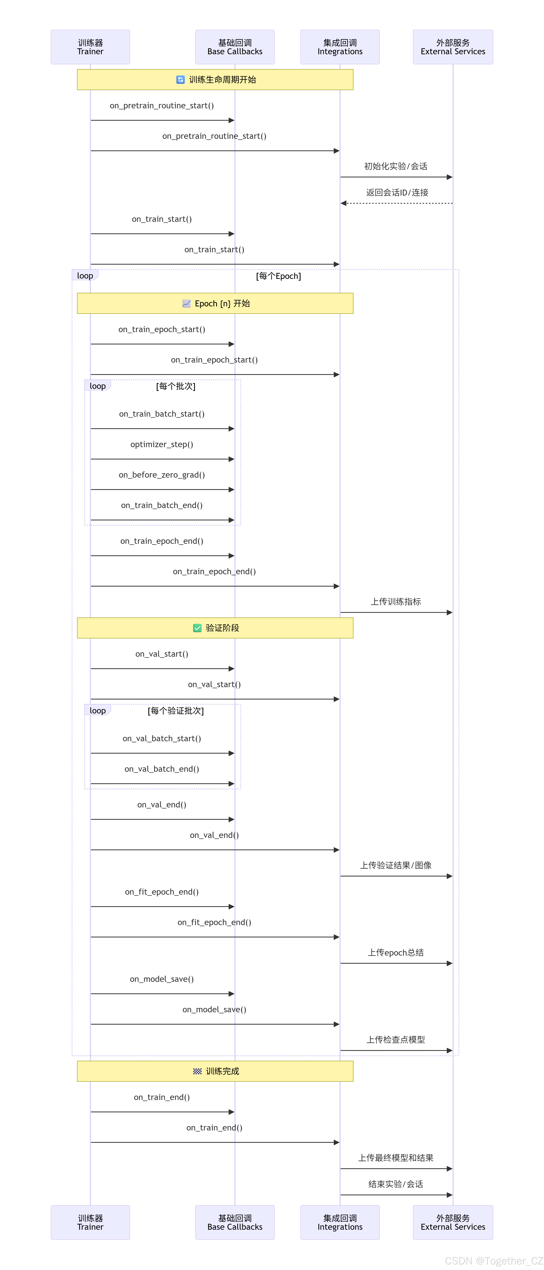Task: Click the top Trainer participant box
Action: [90, 47]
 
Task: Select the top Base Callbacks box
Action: [235, 47]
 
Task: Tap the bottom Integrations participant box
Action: [340, 1222]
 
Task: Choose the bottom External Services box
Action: [453, 1222]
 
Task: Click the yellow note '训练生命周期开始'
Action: [215, 79]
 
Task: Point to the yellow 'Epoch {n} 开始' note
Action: [215, 303]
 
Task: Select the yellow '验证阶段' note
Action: [215, 628]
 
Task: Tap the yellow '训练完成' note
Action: [215, 1071]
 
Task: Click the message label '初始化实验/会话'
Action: [396, 166]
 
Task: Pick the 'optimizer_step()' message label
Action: [162, 444]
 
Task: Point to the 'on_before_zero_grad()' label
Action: [162, 475]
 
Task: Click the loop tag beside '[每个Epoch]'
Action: [85, 276]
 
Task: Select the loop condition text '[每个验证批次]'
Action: [176, 710]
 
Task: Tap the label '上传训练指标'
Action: [396, 602]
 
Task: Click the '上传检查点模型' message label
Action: [396, 1039]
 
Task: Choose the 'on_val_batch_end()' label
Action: [162, 769]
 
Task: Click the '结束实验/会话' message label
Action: [396, 1184]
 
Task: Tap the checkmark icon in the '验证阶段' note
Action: [197, 628]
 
